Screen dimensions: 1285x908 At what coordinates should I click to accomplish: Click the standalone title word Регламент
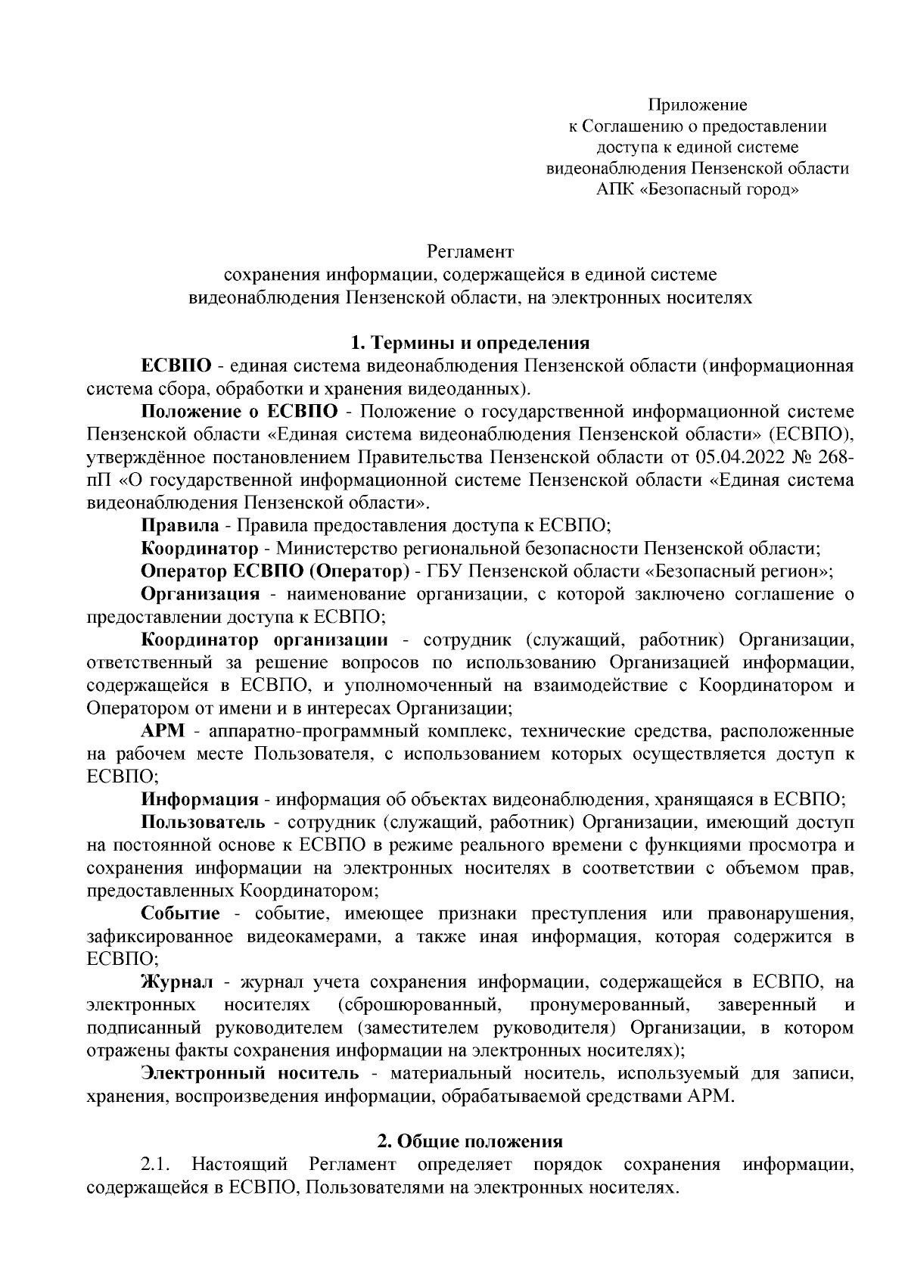point(470,250)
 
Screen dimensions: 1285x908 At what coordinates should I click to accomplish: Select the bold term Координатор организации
point(265,640)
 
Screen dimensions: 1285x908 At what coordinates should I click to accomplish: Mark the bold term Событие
point(180,913)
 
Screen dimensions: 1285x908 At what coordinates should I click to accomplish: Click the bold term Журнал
point(178,982)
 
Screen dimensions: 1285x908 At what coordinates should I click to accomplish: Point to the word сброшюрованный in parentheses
point(418,1005)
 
